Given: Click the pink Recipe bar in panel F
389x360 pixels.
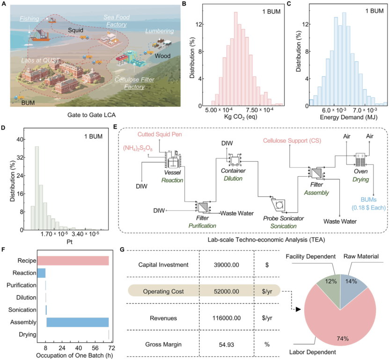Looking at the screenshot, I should [73, 260].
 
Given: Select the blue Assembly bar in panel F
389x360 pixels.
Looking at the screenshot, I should [77, 322].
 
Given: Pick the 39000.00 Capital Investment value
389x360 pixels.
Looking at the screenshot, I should [226, 265].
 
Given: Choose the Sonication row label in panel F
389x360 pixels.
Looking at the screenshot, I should [21, 310].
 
